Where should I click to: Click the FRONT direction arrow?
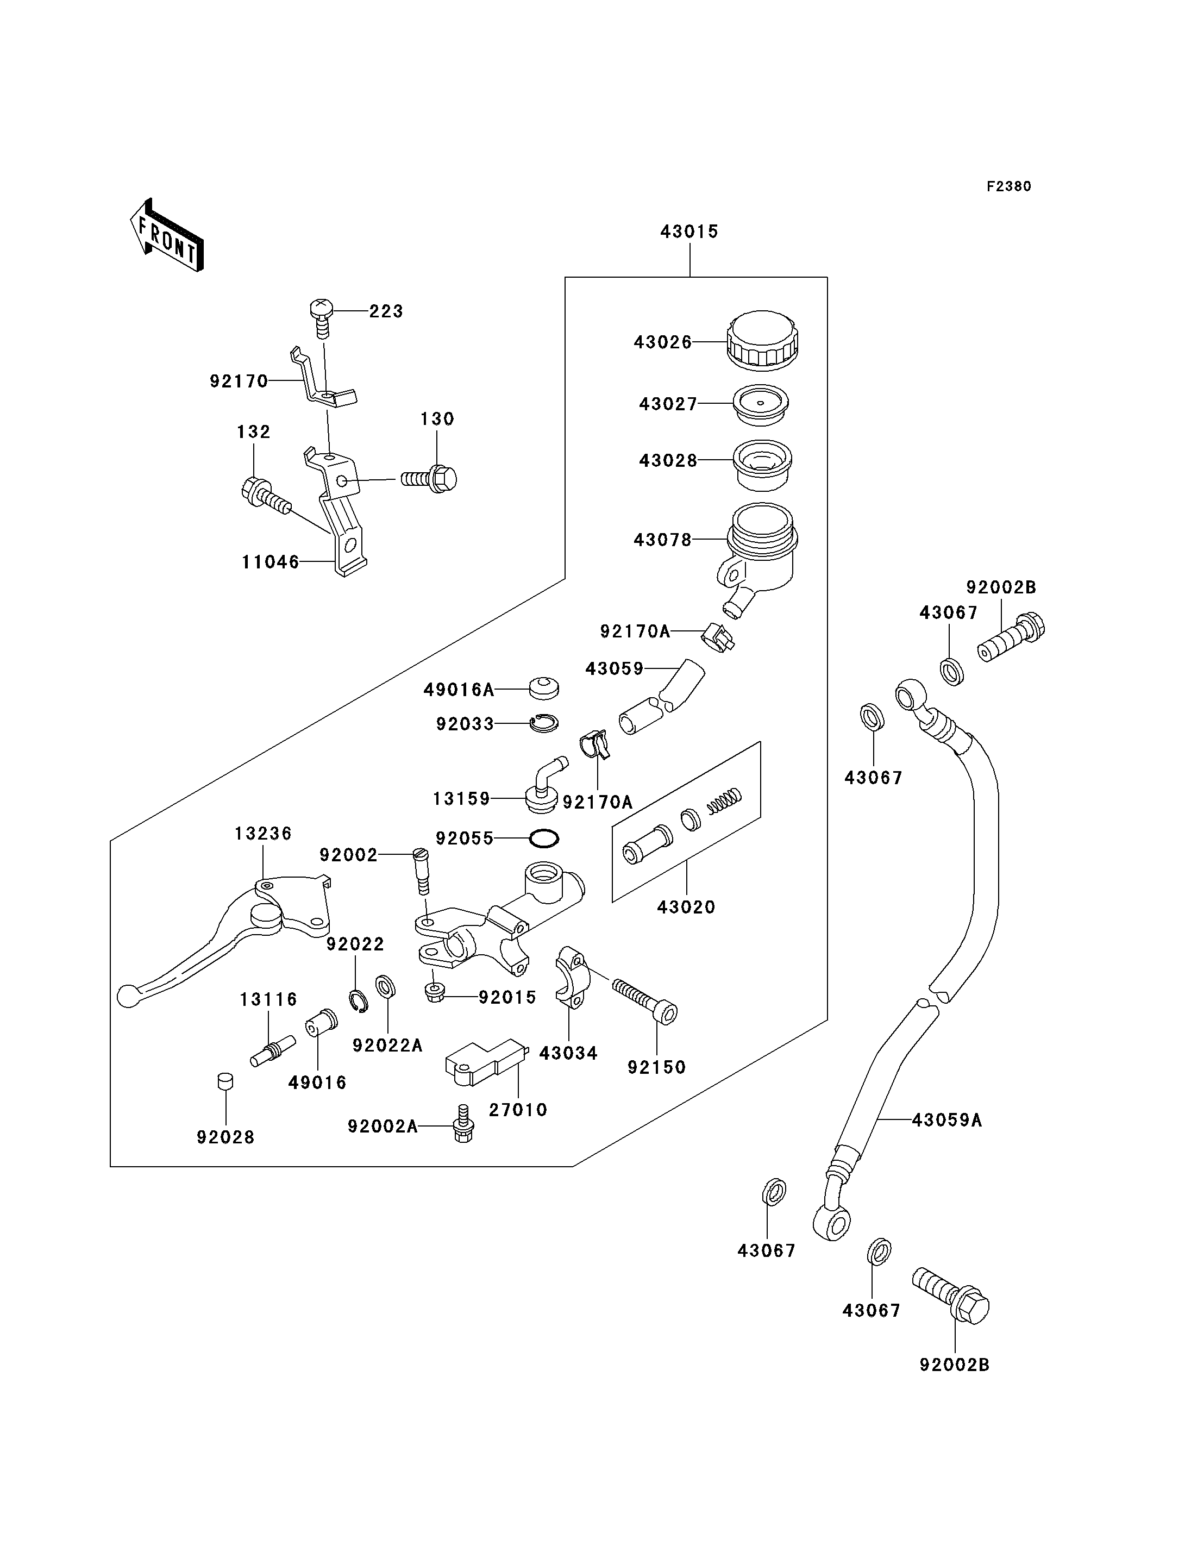point(167,235)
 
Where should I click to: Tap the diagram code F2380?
point(1009,186)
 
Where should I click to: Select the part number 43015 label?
point(689,231)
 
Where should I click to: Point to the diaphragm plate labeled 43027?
point(761,405)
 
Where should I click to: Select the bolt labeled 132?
point(266,496)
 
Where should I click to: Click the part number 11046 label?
point(270,562)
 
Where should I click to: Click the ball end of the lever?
point(127,996)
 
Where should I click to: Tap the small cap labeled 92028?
point(225,1081)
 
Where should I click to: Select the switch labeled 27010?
point(486,1062)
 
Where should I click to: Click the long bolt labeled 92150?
point(644,1002)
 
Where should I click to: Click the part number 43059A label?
point(946,1120)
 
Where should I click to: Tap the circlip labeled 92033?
point(544,723)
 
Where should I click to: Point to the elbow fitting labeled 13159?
point(544,786)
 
